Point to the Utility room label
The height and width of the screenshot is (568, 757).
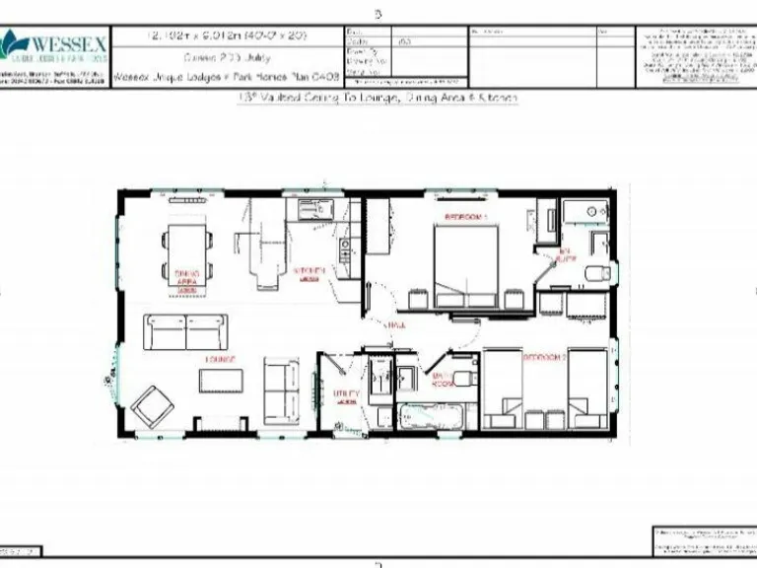(345, 393)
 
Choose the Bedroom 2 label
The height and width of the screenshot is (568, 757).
(543, 357)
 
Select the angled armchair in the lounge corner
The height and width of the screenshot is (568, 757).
(152, 404)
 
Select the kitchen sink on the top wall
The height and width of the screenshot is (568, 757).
(311, 210)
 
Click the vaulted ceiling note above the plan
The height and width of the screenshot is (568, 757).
(378, 98)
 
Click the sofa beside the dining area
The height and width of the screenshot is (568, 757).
(186, 331)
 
